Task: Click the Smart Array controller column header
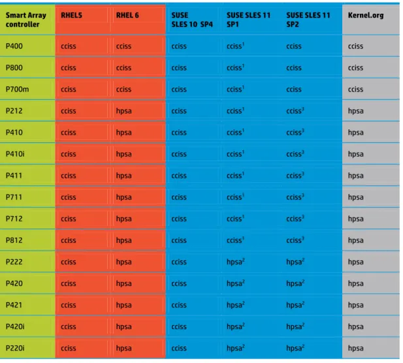pyautogui.click(x=25, y=20)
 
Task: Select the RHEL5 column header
pyautogui.click(x=71, y=16)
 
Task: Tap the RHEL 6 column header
pyautogui.click(x=127, y=16)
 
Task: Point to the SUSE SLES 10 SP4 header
pyautogui.click(x=192, y=20)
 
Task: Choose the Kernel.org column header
pyautogui.click(x=366, y=16)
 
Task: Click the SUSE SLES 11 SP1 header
pyautogui.click(x=248, y=20)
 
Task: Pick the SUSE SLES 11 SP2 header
pyautogui.click(x=308, y=20)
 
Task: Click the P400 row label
pyautogui.click(x=14, y=46)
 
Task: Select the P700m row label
pyautogui.click(x=17, y=89)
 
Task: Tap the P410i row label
pyautogui.click(x=15, y=154)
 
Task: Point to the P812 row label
pyautogui.click(x=14, y=240)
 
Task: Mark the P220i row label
pyautogui.click(x=15, y=349)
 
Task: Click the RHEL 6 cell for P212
pyautogui.click(x=123, y=111)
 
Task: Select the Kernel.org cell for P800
pyautogui.click(x=355, y=68)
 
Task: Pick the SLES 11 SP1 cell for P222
pyautogui.click(x=235, y=262)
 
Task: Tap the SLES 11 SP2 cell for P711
pyautogui.click(x=295, y=197)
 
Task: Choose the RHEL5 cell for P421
pyautogui.click(x=69, y=306)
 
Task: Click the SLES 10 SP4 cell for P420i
pyautogui.click(x=179, y=327)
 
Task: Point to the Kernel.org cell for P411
pyautogui.click(x=356, y=176)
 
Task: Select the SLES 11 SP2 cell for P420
pyautogui.click(x=295, y=283)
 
